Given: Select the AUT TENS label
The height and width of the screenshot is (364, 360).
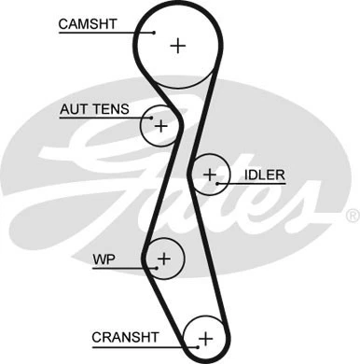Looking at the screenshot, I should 92,109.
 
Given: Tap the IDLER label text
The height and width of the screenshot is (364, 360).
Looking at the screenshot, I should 264,175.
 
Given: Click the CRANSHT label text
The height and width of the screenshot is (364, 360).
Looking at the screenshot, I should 126,336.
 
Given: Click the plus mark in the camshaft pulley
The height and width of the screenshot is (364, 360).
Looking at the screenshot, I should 178,44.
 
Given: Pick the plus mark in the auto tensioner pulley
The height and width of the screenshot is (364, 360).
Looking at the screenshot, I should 160,124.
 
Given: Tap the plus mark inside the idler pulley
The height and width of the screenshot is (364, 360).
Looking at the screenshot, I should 210,174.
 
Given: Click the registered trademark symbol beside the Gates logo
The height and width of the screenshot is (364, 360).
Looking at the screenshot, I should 352,216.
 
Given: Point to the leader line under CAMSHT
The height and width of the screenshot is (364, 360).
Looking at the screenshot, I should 103,34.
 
